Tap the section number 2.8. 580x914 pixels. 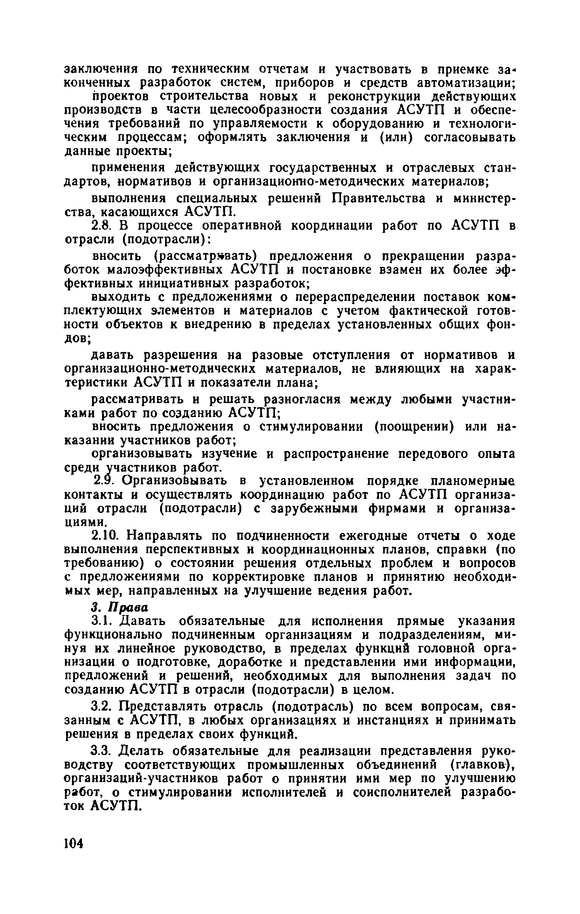pyautogui.click(x=102, y=226)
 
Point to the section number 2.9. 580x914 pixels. pyautogui.click(x=104, y=481)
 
